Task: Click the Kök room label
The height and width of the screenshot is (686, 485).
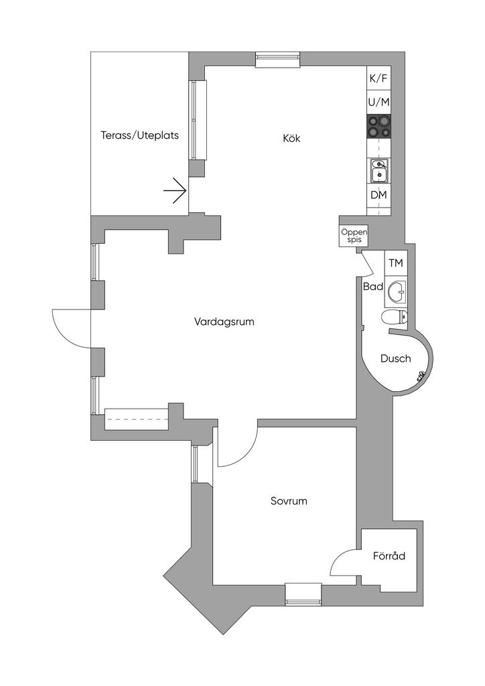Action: click(x=291, y=138)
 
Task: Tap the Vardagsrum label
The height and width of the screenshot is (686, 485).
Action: click(x=224, y=322)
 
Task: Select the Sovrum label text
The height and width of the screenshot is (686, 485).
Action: click(x=289, y=501)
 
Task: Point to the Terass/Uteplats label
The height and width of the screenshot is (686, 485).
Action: click(x=140, y=135)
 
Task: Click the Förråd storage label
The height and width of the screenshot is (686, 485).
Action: click(x=389, y=555)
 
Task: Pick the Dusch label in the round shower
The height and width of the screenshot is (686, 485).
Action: click(x=395, y=359)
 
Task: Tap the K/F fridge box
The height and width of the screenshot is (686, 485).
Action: click(x=378, y=79)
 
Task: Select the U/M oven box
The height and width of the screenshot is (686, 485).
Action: click(x=378, y=102)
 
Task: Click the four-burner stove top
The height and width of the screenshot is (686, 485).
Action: click(x=378, y=127)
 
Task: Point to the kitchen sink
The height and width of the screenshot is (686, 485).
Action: click(x=378, y=169)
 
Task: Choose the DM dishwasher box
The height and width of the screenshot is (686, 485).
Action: click(x=378, y=195)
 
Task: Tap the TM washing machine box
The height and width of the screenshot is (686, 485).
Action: click(x=396, y=263)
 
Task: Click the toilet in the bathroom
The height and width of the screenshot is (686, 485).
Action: click(x=395, y=317)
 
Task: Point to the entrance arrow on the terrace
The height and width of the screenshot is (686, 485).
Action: click(x=176, y=191)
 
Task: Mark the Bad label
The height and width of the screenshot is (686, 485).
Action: click(x=373, y=287)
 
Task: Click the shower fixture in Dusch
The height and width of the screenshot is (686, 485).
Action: click(x=421, y=376)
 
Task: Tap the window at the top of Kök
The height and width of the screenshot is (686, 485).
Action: click(x=278, y=60)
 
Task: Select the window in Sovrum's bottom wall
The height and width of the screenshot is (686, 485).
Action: click(x=303, y=594)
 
